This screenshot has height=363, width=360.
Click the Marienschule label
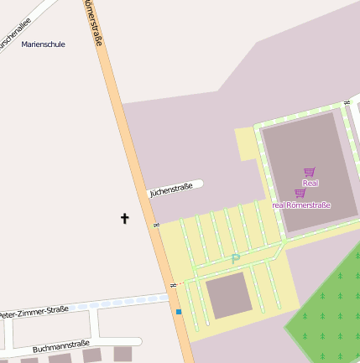43,44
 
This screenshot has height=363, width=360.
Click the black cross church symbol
125,219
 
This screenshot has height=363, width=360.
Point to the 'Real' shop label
310,182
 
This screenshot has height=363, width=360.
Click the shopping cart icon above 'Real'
309,172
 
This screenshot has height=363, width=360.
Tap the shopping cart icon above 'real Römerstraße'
300,194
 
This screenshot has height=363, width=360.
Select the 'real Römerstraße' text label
301,205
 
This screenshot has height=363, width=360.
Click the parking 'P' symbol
236,260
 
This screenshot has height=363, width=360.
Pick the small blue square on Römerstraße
179,312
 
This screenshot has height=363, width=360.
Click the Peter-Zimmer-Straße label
34,313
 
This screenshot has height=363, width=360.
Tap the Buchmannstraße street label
60,345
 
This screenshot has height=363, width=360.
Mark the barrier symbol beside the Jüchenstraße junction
156,226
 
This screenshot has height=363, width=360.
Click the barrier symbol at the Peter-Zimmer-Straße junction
173,287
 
